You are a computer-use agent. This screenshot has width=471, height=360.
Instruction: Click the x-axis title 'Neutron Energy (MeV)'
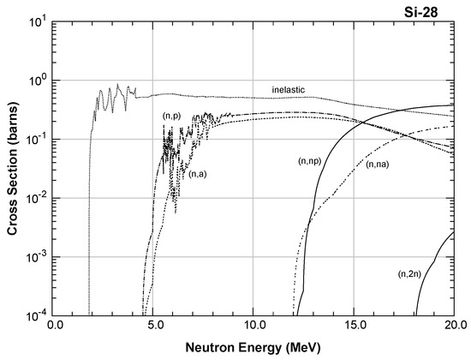255,349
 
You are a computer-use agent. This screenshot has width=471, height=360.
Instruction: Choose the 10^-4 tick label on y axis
34,316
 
